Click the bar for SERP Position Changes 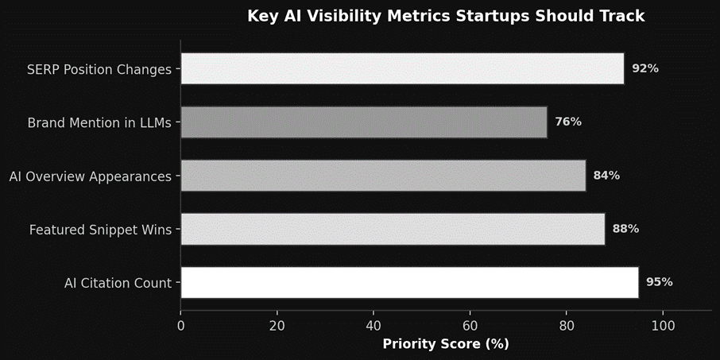402,68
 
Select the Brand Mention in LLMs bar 364,122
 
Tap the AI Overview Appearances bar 383,175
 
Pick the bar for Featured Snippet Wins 393,229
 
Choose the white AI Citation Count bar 409,282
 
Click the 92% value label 645,68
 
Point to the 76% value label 568,122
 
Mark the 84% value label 606,175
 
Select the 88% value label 625,229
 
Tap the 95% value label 660,282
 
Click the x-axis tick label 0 181,325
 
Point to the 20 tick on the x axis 277,325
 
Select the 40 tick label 374,325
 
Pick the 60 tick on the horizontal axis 470,325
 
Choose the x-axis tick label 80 567,325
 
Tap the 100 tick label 663,325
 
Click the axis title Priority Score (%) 446,344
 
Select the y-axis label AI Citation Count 118,283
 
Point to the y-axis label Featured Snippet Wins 100,230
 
